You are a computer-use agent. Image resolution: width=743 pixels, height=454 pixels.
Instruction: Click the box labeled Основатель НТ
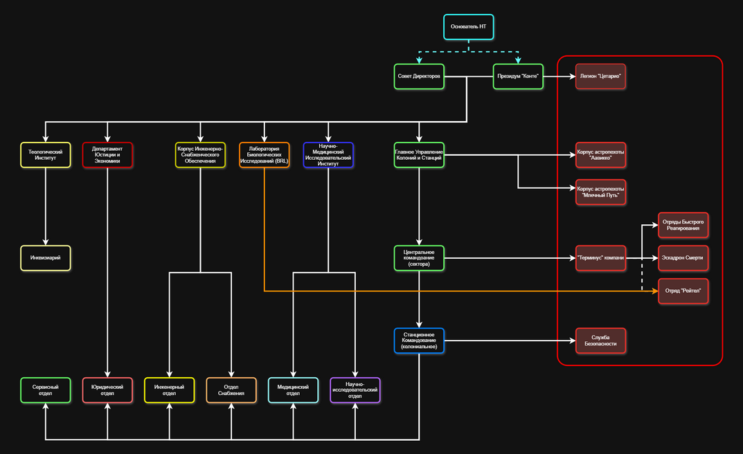point(469,27)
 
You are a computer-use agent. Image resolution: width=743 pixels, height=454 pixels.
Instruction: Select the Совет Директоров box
point(419,76)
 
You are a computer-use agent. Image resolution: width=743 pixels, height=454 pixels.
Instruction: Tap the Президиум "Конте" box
point(518,76)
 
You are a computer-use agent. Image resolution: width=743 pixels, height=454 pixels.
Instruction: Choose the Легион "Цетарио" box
point(600,76)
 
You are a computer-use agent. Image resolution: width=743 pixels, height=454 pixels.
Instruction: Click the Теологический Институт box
point(46,155)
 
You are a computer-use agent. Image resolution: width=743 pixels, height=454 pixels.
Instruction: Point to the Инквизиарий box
point(46,258)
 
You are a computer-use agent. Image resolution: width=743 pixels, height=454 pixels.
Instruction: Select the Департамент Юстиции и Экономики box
point(107,155)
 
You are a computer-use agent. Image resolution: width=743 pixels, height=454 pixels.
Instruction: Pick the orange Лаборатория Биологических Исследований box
point(265,155)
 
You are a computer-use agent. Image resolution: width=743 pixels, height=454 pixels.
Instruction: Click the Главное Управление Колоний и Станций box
point(419,155)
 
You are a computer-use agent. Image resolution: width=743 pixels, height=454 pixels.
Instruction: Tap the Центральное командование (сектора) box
point(419,258)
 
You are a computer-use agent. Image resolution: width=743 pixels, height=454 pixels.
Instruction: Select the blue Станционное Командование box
point(419,340)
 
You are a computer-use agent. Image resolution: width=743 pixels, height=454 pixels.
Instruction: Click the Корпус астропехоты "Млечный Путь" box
point(600,192)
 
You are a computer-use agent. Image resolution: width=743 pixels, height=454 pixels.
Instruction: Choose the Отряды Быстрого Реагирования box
point(683,225)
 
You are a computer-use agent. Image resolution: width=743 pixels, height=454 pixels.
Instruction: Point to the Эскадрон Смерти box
point(683,258)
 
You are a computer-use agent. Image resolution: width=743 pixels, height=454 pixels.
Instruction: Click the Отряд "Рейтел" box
point(683,291)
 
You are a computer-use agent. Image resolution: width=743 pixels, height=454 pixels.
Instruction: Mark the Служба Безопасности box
point(600,340)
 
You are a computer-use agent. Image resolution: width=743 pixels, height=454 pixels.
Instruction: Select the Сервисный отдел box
point(46,390)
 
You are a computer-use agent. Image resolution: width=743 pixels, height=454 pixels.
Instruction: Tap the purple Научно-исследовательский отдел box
point(355,390)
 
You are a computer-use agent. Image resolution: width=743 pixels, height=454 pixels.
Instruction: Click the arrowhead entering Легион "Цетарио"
point(573,76)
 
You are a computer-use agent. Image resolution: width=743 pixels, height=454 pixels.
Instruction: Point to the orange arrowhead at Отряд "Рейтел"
point(655,291)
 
